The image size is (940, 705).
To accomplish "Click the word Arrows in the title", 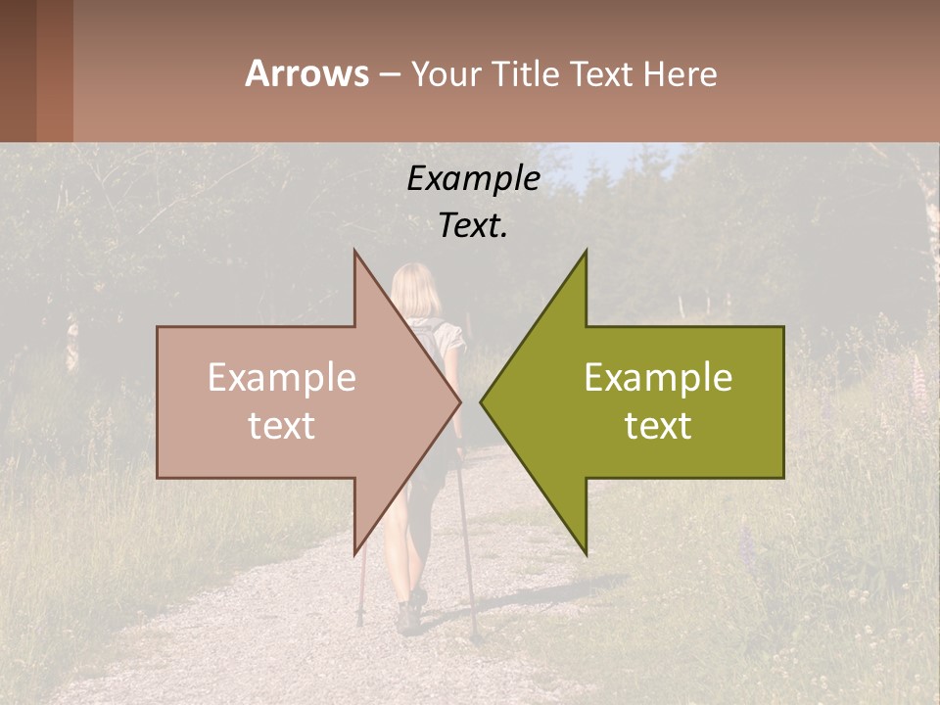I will [x=306, y=73].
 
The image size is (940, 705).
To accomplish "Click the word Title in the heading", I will [x=525, y=74].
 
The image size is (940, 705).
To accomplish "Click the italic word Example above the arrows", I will [x=473, y=179].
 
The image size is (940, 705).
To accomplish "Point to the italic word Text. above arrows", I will [x=473, y=226].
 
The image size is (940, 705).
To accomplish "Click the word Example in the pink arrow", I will [x=282, y=378].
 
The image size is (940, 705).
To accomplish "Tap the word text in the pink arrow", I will [x=282, y=426].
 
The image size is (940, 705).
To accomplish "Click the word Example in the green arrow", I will [x=658, y=378].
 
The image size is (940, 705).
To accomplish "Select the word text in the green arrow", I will [x=658, y=426].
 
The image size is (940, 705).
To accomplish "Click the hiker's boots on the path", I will [x=409, y=613].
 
